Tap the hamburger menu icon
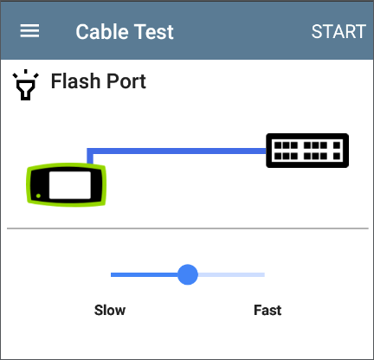[x=29, y=31]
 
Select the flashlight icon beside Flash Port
[x=26, y=85]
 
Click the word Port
[x=126, y=81]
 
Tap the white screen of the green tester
[x=70, y=185]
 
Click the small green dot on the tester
[x=38, y=196]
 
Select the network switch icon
[x=307, y=151]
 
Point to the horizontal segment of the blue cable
[x=177, y=151]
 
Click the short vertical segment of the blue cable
[x=90, y=156]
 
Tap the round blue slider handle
[x=188, y=274]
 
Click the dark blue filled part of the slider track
[x=144, y=274]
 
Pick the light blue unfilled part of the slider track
[x=231, y=274]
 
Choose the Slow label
[x=110, y=310]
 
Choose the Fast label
[x=268, y=310]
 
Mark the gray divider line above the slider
[x=188, y=228]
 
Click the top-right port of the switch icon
[x=337, y=145]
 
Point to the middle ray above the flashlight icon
[x=26, y=72]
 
